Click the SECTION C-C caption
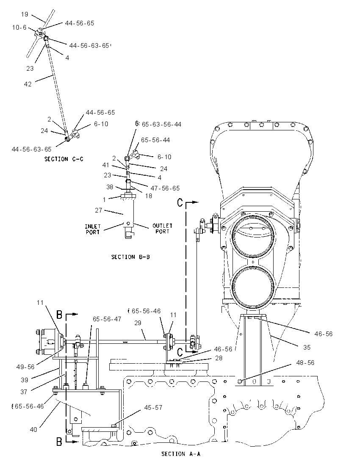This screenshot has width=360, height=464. pyautogui.click(x=64, y=159)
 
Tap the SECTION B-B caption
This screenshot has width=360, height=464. pyautogui.click(x=130, y=257)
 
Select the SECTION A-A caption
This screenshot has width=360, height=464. pyautogui.click(x=180, y=454)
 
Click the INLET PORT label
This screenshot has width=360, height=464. pyautogui.click(x=93, y=229)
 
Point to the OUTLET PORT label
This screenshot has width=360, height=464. pyautogui.click(x=162, y=229)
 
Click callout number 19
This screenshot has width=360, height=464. pyautogui.click(x=25, y=14)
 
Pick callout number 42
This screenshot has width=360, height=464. pyautogui.click(x=28, y=84)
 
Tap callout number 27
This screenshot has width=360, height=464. pyautogui.click(x=99, y=210)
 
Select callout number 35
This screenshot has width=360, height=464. pyautogui.click(x=307, y=348)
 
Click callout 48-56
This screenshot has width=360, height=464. pyautogui.click(x=305, y=363)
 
